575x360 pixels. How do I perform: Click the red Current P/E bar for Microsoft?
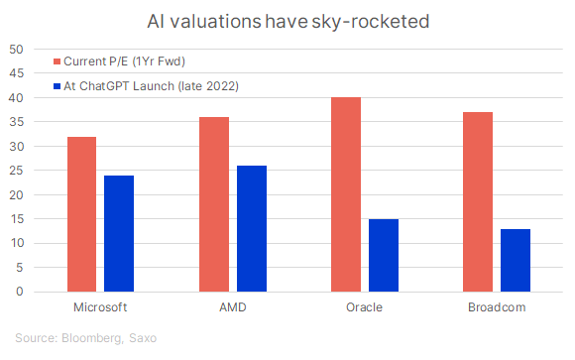coord(81,214)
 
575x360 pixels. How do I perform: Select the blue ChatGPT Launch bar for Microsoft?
coord(119,234)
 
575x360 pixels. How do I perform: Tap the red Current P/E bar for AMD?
coord(214,204)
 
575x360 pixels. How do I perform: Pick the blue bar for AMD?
coord(252,229)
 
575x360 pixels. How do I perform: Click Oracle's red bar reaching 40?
coord(346,194)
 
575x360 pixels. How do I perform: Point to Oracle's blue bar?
coord(384,256)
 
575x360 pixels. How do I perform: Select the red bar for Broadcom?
coord(478,202)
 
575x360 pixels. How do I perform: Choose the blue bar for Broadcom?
coord(516,261)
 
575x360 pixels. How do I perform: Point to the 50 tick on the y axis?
coord(17,50)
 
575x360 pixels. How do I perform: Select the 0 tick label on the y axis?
coord(20,293)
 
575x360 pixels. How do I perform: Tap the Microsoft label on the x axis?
coord(100,308)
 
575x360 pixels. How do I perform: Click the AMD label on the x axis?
coord(233,308)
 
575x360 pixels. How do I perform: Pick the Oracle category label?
coord(365,308)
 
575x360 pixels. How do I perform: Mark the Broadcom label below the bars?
coord(497,308)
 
